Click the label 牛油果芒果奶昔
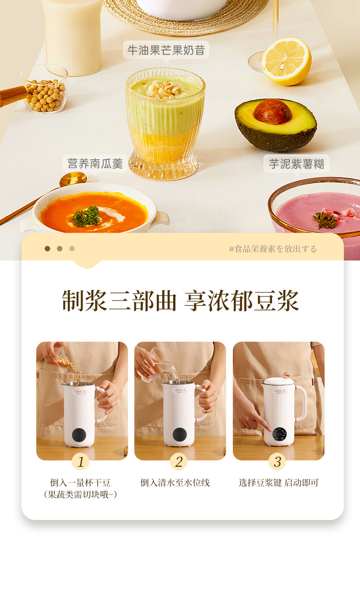point(166,50)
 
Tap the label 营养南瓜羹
point(95,163)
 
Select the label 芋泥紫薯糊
point(296,164)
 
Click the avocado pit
point(273,112)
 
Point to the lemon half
point(287,61)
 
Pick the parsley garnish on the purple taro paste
point(325,220)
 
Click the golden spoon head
point(73,179)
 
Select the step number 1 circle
point(81,462)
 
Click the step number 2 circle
point(179,462)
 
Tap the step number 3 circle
point(277,462)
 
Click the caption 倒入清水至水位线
point(175,483)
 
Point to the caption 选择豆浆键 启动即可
point(278,483)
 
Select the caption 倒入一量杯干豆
point(80,483)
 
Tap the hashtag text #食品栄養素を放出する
point(273,249)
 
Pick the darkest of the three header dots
point(47,249)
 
